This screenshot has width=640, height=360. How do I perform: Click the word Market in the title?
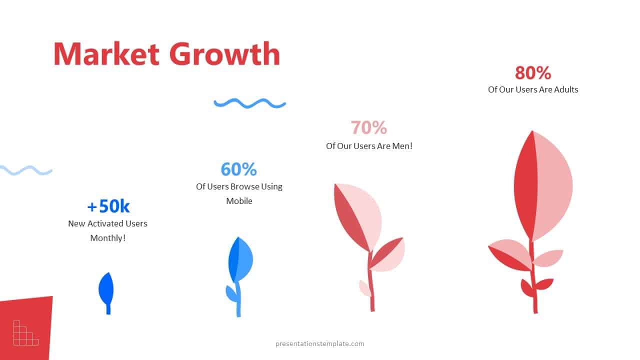107,54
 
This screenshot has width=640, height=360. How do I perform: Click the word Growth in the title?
224,54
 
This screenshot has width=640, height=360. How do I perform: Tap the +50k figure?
108,206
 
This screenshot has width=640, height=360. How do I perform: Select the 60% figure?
238,169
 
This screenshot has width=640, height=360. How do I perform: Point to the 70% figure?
368,127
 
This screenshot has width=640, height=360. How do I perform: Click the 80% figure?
533,73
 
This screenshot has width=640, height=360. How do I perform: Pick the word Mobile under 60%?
239,201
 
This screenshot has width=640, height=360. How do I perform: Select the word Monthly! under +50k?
107,238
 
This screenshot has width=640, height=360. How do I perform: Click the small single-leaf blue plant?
106,290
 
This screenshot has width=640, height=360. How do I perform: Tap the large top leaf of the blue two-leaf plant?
240,259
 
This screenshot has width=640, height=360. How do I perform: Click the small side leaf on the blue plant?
231,293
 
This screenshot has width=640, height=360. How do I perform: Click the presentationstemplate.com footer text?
319,343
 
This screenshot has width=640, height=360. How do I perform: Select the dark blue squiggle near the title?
249,103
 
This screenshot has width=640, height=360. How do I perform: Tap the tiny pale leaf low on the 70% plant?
365,287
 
